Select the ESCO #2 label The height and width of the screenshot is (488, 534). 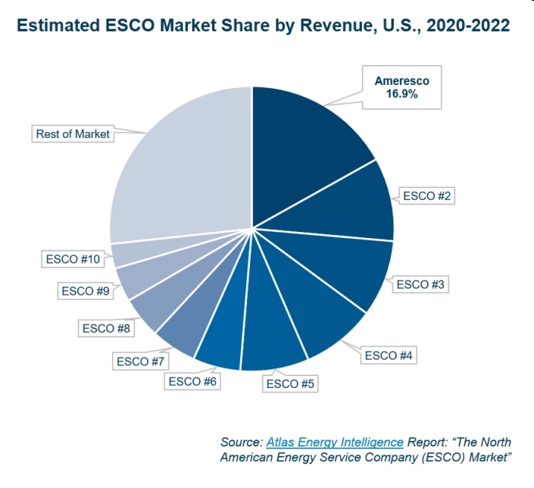(x=427, y=196)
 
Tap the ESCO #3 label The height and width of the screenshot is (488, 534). (x=422, y=285)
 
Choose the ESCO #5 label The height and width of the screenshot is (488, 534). (x=289, y=383)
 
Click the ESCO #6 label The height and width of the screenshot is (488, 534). (x=193, y=381)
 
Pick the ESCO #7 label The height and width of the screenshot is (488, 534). (x=141, y=361)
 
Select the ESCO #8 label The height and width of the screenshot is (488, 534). (x=107, y=328)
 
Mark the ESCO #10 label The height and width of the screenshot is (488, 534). (x=70, y=259)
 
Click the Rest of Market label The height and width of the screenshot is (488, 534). (x=73, y=134)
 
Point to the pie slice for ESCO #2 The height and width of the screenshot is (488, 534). (x=348, y=205)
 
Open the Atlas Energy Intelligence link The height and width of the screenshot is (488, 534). (x=335, y=442)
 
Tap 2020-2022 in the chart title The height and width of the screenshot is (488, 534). (x=462, y=25)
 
